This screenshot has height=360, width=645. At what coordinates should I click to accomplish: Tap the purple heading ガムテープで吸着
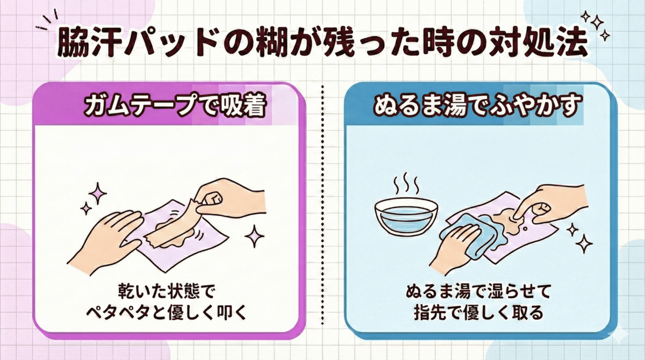pos(175,106)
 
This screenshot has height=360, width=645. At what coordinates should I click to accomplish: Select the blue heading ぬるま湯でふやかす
pos(477,106)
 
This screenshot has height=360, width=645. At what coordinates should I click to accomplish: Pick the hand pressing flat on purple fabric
pos(110,231)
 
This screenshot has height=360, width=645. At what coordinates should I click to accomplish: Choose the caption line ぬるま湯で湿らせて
pos(477,292)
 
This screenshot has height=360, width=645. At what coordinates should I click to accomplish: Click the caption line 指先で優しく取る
pos(477,313)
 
